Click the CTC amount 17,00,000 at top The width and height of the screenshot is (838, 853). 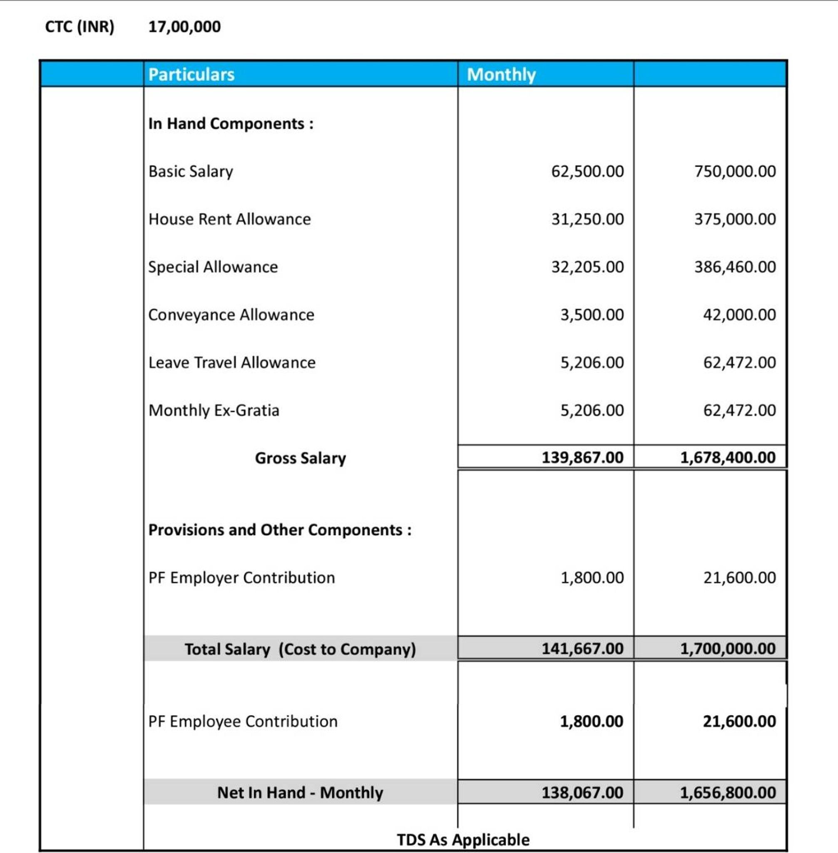[184, 27]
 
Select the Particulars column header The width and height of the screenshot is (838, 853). [191, 75]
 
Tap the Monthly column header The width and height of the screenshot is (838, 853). [501, 75]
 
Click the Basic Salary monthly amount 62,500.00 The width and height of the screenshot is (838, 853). [587, 171]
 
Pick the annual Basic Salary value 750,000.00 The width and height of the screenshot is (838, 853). [735, 171]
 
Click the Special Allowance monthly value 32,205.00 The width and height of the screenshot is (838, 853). [587, 267]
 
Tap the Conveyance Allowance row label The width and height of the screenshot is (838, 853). [231, 315]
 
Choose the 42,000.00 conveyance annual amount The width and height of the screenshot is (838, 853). [739, 315]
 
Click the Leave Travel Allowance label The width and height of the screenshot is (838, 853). [231, 362]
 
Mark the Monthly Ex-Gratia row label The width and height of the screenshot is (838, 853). [214, 410]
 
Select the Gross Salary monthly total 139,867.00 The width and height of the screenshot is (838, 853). [582, 458]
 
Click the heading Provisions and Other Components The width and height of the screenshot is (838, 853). [279, 530]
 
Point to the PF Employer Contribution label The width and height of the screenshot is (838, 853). [241, 578]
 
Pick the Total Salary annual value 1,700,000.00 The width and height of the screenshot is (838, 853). [728, 648]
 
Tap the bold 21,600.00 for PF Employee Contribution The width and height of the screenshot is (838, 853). [739, 721]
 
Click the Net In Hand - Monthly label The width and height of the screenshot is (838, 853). [300, 793]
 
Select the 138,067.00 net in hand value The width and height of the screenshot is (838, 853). [582, 793]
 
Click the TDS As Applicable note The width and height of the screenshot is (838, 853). [463, 840]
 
